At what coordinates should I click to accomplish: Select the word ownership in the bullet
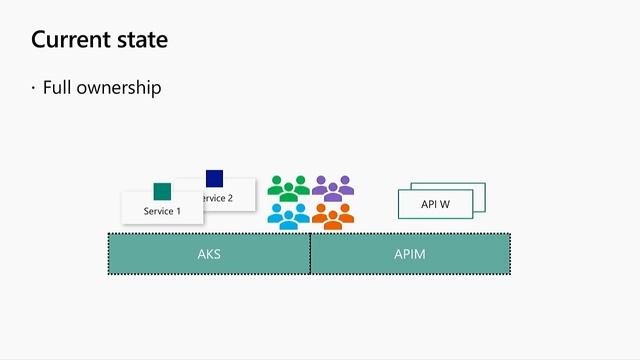pyautogui.click(x=119, y=88)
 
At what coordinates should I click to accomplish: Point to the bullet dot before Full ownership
pyautogui.click(x=33, y=88)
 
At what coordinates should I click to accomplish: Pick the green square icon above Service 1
pyautogui.click(x=162, y=191)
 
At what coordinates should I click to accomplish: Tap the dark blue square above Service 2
pyautogui.click(x=214, y=178)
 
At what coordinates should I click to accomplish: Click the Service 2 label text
pyautogui.click(x=218, y=198)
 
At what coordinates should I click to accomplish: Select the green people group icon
pyautogui.click(x=288, y=187)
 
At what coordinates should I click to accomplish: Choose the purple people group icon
pyautogui.click(x=333, y=186)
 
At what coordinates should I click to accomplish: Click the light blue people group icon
pyautogui.click(x=288, y=216)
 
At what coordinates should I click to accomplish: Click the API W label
pyautogui.click(x=435, y=205)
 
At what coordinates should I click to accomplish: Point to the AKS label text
pyautogui.click(x=209, y=254)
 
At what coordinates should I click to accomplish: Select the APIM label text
pyautogui.click(x=410, y=254)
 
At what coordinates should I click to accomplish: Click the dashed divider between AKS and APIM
pyautogui.click(x=310, y=254)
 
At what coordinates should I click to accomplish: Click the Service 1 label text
pyautogui.click(x=162, y=211)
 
